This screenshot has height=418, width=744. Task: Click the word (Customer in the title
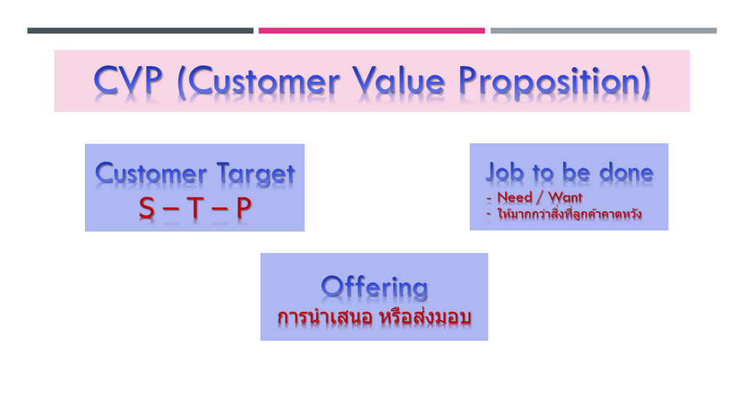(x=259, y=81)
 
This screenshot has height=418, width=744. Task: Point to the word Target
(x=256, y=173)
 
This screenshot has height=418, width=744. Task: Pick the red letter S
(x=147, y=208)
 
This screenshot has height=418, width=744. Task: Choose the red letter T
(x=195, y=208)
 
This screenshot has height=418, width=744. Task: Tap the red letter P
(x=243, y=208)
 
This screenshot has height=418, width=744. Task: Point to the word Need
(x=515, y=197)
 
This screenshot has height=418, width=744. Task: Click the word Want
(x=565, y=197)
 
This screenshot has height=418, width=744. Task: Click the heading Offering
(x=374, y=287)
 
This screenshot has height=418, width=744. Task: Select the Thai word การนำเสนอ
(x=325, y=317)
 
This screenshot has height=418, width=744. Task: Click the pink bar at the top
(x=371, y=30)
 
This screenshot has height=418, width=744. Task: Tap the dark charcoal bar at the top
(x=140, y=30)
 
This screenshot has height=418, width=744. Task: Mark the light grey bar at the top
(x=604, y=30)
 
